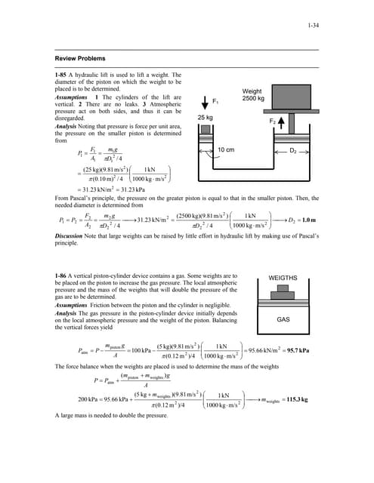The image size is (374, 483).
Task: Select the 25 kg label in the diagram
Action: tap(206, 118)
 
